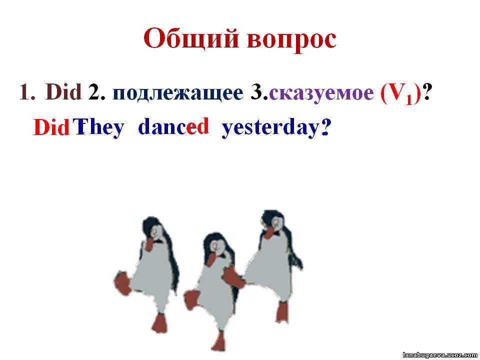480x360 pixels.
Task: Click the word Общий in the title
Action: pos(191,39)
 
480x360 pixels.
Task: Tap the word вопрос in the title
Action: pos(291,40)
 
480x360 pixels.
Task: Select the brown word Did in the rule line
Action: pos(63,92)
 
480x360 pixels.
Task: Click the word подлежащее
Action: pos(178,93)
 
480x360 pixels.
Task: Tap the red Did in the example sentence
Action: pos(51,127)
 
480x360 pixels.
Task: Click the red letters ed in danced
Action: pos(198,126)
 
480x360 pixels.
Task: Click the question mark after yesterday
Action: pos(325,127)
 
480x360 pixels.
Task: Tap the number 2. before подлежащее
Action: pos(97,92)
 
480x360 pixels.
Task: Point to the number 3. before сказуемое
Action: pos(259,92)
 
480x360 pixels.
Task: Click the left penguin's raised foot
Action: pos(122,282)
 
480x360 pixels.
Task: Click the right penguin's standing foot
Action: pos(282,313)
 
